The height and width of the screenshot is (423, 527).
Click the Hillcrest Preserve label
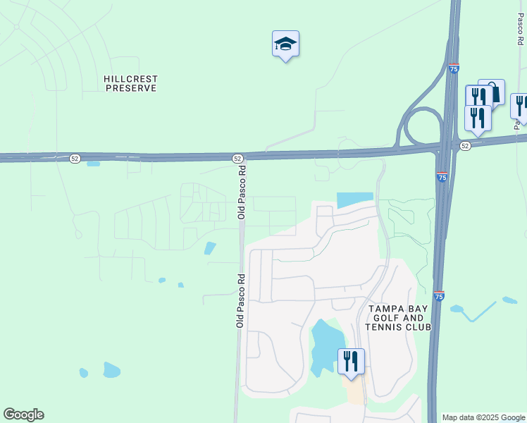130,83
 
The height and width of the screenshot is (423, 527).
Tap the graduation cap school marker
285,44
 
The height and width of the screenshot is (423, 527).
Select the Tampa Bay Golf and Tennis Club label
399,318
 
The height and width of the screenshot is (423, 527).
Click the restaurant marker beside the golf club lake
351,362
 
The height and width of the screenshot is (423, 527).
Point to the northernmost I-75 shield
454,68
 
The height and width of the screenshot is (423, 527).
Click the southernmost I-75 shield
439,297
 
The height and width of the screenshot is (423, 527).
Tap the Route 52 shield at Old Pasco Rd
237,159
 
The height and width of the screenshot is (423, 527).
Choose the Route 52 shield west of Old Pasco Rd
75,159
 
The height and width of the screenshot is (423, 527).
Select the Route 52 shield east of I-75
465,145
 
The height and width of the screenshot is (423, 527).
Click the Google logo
23,415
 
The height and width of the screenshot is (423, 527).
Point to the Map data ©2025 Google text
483,417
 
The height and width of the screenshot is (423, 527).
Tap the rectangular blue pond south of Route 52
355,200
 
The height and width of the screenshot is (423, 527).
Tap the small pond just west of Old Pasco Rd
210,248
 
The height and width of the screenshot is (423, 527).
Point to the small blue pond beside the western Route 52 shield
93,164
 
